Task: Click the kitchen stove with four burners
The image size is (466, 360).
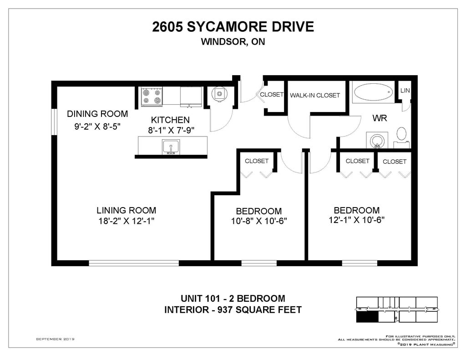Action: coord(152,96)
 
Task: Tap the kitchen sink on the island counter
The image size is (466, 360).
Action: coord(171,147)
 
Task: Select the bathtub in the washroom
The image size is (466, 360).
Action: coord(373,92)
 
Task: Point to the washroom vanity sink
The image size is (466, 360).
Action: coord(377,140)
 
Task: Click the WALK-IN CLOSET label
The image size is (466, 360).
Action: coord(315,96)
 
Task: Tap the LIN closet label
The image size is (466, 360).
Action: coord(405,91)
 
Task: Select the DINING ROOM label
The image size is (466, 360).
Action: coord(97,114)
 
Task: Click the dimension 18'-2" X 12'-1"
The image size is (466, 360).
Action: coord(127,221)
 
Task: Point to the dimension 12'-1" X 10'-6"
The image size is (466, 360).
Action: coord(357,220)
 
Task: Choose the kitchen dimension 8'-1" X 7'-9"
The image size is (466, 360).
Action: coord(171,130)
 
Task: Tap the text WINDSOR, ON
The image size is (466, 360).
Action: coord(233,41)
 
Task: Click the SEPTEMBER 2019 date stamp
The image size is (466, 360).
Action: coord(55,339)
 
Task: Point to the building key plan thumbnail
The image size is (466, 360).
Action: coord(397,309)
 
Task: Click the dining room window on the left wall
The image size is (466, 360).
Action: coord(54,122)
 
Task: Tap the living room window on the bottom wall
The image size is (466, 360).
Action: coord(134,263)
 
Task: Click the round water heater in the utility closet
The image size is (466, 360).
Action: coord(219,94)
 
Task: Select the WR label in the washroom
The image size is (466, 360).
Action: coord(380,118)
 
